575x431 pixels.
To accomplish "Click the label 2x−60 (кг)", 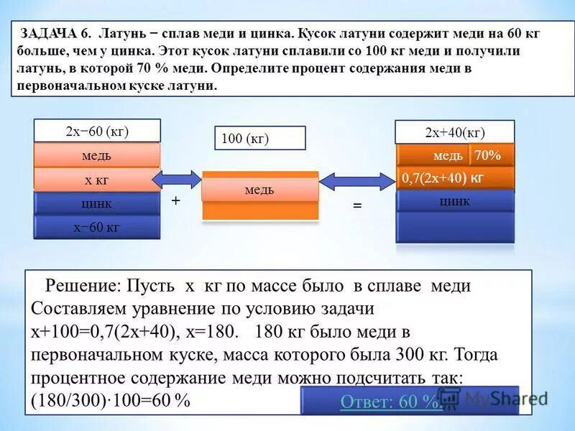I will pyautogui.click(x=97, y=131).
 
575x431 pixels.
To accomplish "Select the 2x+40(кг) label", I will pyautogui.click(x=455, y=132).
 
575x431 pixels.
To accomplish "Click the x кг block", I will pyautogui.click(x=97, y=180).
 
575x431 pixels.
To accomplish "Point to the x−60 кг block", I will pyautogui.click(x=97, y=227).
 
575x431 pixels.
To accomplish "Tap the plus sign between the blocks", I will pyautogui.click(x=175, y=203).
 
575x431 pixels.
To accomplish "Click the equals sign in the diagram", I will pyautogui.click(x=356, y=205).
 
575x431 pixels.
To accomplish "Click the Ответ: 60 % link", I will pyautogui.click(x=391, y=402).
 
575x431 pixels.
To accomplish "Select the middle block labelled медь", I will pyautogui.click(x=259, y=190).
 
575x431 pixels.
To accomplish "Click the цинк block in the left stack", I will pyautogui.click(x=97, y=204).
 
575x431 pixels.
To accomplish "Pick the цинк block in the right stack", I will pyautogui.click(x=456, y=201).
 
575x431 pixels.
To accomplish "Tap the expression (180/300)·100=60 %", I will pyautogui.click(x=111, y=401).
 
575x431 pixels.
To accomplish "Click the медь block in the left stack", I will pyautogui.click(x=97, y=155).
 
